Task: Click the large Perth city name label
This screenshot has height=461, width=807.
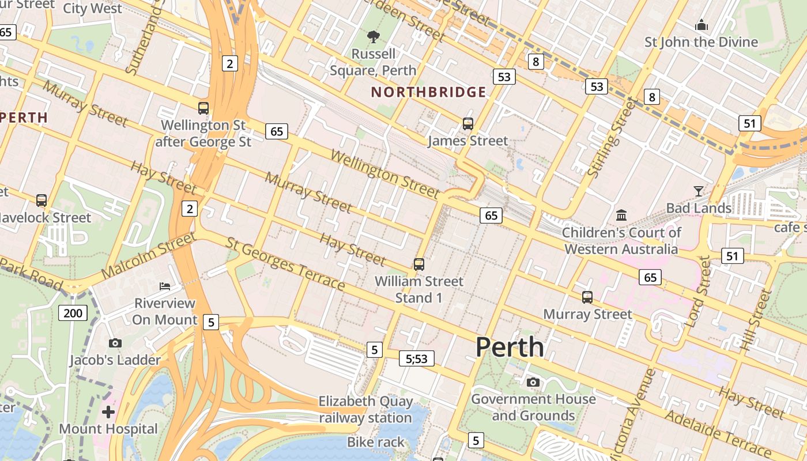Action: tap(510, 347)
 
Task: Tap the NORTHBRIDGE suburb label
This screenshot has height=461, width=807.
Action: tap(428, 92)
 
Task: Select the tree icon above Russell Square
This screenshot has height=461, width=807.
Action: tap(374, 37)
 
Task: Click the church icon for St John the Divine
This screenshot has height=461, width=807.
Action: tap(702, 25)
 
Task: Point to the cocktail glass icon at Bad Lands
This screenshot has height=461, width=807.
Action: tap(699, 191)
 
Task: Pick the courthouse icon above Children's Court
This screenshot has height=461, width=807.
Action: tap(621, 216)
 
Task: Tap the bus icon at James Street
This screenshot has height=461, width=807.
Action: tap(467, 124)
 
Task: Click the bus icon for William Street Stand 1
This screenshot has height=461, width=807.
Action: tap(419, 264)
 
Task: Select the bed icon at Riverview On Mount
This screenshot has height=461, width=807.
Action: tap(165, 286)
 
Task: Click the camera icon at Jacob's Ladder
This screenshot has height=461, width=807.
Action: tap(115, 343)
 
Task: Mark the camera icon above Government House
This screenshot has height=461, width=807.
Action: tap(533, 382)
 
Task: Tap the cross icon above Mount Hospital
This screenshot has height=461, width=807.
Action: tap(108, 412)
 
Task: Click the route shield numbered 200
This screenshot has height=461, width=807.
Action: tap(73, 313)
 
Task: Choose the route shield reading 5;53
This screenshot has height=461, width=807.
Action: tap(416, 359)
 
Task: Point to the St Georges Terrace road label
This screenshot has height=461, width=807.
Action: tap(285, 264)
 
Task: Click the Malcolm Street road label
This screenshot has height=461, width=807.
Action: tap(148, 256)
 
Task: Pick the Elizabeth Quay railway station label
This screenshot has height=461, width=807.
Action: tap(366, 409)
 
